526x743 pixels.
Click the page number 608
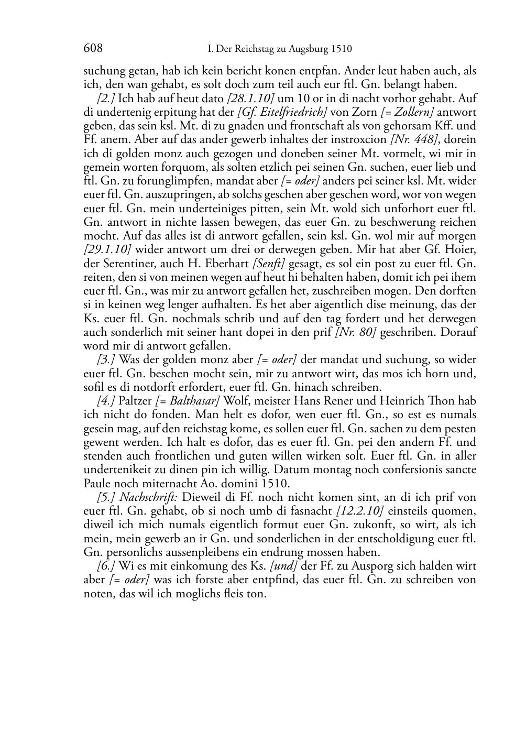point(93,49)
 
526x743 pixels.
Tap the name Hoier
point(464,249)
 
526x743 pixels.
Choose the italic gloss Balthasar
point(193,401)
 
